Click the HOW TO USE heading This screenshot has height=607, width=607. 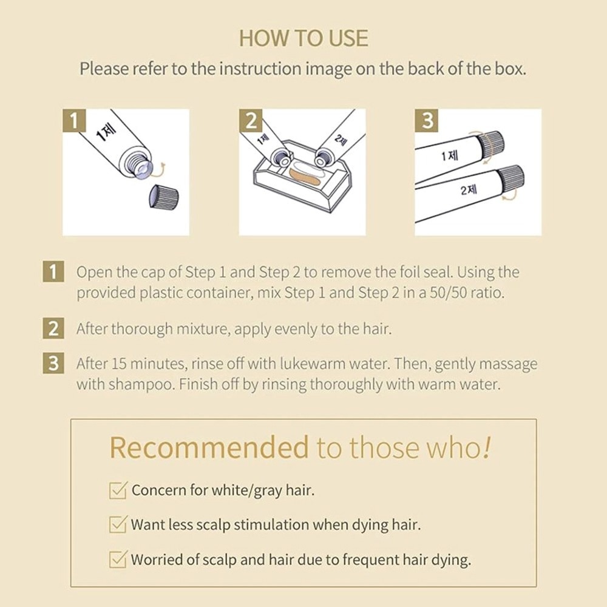(x=303, y=38)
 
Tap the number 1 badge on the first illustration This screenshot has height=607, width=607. (x=74, y=120)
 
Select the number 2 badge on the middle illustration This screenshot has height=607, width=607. (x=251, y=120)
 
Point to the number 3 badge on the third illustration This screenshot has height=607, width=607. (x=427, y=120)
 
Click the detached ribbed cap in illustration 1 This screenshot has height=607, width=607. (x=163, y=197)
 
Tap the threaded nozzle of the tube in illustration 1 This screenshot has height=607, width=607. (x=138, y=166)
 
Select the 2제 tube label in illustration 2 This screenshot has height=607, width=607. (x=340, y=140)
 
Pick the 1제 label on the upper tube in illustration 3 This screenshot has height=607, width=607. (x=450, y=155)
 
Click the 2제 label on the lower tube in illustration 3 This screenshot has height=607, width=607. (x=469, y=190)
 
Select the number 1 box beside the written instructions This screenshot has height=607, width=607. (x=53, y=271)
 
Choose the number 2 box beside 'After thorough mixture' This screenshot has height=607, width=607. (x=53, y=328)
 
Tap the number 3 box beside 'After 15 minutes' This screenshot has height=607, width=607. (x=53, y=363)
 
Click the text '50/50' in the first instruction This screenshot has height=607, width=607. (x=445, y=293)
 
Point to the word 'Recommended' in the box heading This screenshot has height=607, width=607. (x=209, y=447)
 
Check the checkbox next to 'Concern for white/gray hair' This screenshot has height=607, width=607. (x=118, y=490)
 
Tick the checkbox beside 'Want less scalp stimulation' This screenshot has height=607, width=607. (x=118, y=524)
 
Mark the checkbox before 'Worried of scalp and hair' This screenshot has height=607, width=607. (x=118, y=560)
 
